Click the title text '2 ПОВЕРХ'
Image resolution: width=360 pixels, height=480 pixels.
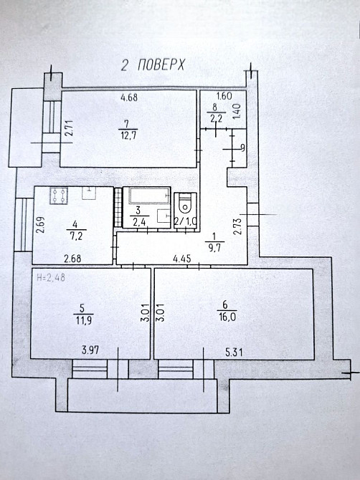pos(153,65)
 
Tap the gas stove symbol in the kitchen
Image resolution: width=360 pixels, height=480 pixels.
pos(59,196)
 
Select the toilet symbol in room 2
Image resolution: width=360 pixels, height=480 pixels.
pos(185,204)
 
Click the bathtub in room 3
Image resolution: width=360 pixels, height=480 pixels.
pos(149,196)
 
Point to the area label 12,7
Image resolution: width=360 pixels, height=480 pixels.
pos(126,135)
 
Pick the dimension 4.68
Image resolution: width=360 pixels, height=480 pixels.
pos(129,97)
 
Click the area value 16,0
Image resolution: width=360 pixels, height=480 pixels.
pos(227,316)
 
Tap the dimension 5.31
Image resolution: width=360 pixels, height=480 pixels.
pos(234,352)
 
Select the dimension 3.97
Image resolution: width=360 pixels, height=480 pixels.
pos(90,350)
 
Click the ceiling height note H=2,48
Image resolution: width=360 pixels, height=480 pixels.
pos(51,278)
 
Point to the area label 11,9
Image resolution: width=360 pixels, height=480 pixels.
pos(84,320)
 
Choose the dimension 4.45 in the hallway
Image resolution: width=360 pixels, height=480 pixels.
pos(182,259)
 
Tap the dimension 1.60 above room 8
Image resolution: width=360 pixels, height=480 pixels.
pos(224,96)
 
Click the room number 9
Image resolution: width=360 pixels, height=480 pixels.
pos(243,148)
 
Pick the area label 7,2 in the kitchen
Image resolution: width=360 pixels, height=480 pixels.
pos(75,236)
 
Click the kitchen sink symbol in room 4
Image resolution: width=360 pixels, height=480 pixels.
pos(89,193)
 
